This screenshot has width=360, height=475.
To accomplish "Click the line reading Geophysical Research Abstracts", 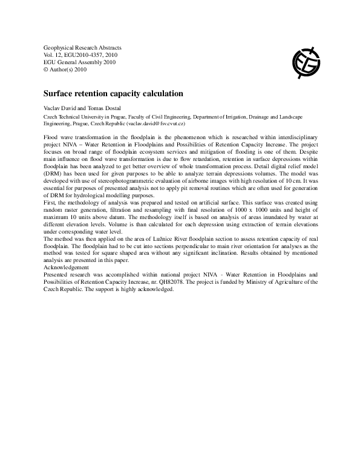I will pyautogui.click(x=83, y=47).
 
